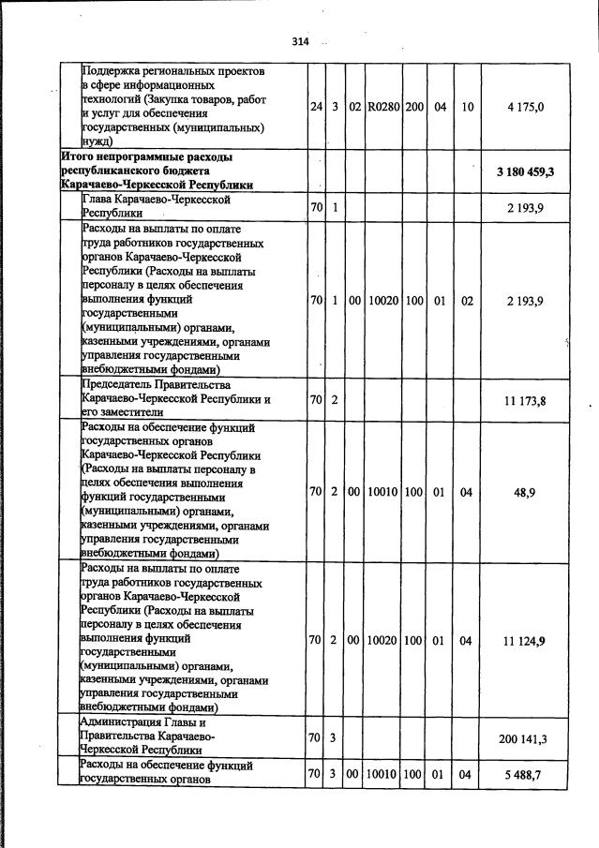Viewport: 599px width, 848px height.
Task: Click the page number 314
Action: pyautogui.click(x=300, y=41)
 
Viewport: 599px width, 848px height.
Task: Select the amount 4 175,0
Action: pyautogui.click(x=525, y=108)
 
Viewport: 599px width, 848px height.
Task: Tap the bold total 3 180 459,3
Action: pyautogui.click(x=525, y=172)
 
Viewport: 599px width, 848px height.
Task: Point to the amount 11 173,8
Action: pyautogui.click(x=525, y=401)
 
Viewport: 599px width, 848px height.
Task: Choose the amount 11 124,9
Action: pyautogui.click(x=525, y=641)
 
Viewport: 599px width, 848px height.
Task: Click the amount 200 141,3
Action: pyautogui.click(x=525, y=739)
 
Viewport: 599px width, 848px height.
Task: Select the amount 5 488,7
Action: pyautogui.click(x=525, y=776)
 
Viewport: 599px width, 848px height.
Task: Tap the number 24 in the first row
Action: pyautogui.click(x=316, y=108)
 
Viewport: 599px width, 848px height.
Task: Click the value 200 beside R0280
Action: pyautogui.click(x=414, y=108)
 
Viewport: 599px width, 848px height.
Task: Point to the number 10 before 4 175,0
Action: pyautogui.click(x=468, y=108)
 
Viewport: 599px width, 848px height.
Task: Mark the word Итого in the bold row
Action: pyautogui.click(x=79, y=157)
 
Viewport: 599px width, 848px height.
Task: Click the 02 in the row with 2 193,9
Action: pyautogui.click(x=468, y=301)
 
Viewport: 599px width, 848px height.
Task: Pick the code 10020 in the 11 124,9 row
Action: pyautogui.click(x=383, y=641)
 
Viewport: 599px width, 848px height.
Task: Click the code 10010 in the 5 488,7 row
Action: pyautogui.click(x=383, y=776)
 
